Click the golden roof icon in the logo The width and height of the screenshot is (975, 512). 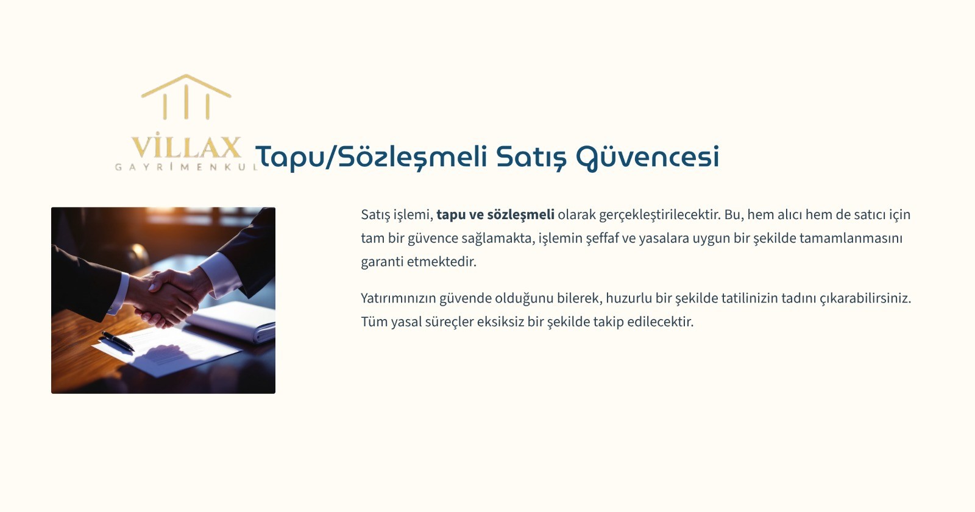tap(186, 97)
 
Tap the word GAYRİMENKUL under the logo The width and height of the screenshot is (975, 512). tap(186, 167)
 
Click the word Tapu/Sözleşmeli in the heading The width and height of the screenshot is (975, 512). tap(370, 157)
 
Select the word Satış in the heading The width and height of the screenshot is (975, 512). tap(531, 157)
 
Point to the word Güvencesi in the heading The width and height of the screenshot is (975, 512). tap(648, 158)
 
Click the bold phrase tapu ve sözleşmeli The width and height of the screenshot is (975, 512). tap(495, 215)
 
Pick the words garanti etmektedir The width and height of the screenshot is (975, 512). tap(419, 262)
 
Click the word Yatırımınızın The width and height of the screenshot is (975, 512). tap(399, 298)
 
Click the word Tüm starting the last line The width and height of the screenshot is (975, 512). tap(374, 322)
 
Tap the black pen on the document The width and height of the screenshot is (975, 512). tap(118, 341)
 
